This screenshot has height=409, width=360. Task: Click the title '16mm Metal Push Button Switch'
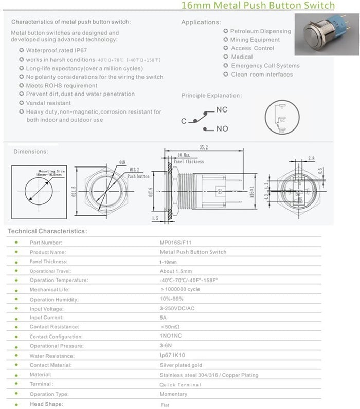point(258,6)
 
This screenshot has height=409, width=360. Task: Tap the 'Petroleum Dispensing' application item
point(260,31)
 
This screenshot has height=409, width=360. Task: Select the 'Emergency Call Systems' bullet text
point(265,66)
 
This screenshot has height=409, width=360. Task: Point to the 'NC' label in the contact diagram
point(222,110)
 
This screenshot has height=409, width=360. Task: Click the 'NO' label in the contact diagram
point(222,128)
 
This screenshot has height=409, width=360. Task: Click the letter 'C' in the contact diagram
point(184,122)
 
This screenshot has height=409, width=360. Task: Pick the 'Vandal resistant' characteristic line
point(48,103)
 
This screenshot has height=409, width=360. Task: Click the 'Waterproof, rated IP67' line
point(57,51)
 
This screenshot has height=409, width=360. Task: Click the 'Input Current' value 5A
point(163,318)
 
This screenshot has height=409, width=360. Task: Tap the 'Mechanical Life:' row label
point(50,289)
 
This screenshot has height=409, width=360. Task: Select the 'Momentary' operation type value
point(173,394)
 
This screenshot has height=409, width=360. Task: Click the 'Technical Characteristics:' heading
point(47,231)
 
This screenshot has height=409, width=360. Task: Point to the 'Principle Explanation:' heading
point(211,96)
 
